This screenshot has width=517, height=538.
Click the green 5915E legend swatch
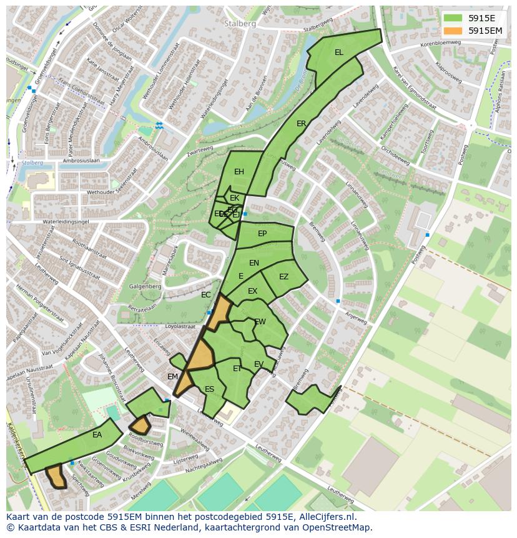pyautogui.click(x=453, y=17)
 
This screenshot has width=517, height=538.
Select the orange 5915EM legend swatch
pyautogui.click(x=453, y=30)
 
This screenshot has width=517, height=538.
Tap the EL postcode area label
pyautogui.click(x=338, y=52)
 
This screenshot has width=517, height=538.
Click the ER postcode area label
pyautogui.click(x=302, y=124)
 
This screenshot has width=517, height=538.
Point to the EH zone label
pyautogui.click(x=239, y=172)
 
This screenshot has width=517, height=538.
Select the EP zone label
pyautogui.click(x=262, y=234)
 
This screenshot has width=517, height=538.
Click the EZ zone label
pyautogui.click(x=283, y=277)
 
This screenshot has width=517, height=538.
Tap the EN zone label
pyautogui.click(x=254, y=263)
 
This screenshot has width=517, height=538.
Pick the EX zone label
pyautogui.click(x=252, y=291)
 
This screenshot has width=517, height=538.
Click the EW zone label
pyautogui.click(x=260, y=322)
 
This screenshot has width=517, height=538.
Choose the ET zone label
pyautogui.click(x=237, y=369)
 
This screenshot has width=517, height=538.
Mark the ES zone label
pyautogui.click(x=209, y=389)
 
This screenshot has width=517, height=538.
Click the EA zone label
pyautogui.click(x=97, y=434)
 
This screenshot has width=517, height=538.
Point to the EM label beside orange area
pyautogui.click(x=172, y=377)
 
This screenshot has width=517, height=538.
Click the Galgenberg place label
pyautogui.click(x=145, y=287)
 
